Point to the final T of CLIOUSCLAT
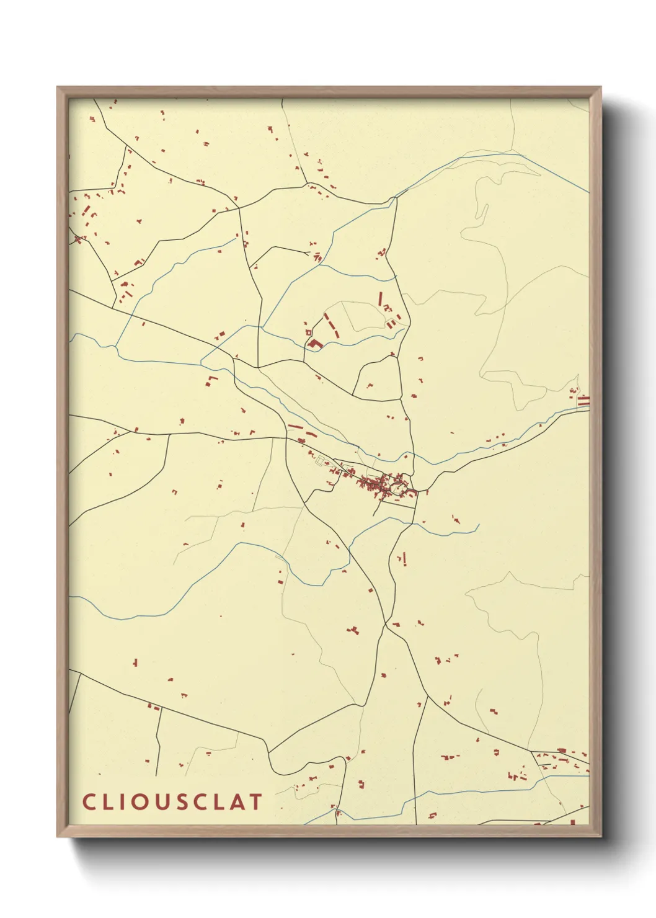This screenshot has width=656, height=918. click(257, 802)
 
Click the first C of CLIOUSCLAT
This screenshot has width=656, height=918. click(88, 802)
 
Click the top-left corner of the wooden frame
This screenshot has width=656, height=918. click(58, 87)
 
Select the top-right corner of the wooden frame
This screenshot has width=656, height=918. click(601, 87)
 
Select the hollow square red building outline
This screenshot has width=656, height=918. click(308, 333)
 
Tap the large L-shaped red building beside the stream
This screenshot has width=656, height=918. click(316, 344)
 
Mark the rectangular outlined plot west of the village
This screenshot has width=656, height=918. click(322, 460)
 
